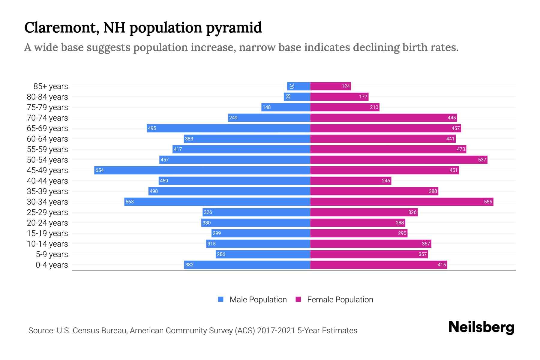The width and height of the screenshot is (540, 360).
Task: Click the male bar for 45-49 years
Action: [x=202, y=170]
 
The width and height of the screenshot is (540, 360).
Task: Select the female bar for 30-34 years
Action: [x=401, y=202]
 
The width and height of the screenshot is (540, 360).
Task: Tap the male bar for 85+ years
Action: [x=298, y=86]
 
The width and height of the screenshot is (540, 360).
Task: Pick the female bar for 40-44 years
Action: [x=350, y=181]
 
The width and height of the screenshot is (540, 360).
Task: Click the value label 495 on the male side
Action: [x=152, y=128]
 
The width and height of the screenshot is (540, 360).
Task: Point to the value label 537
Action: [x=482, y=160]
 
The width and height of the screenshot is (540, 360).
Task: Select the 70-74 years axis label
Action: [x=47, y=118]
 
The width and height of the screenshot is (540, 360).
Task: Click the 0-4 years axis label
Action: [x=52, y=265]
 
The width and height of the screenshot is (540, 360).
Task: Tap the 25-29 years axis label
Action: [x=47, y=212]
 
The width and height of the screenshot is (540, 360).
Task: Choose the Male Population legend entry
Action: [x=258, y=300]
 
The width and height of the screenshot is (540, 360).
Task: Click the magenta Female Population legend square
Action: [x=298, y=299]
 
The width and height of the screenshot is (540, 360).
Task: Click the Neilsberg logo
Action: [x=481, y=327]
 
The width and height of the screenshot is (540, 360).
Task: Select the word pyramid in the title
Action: [x=234, y=28]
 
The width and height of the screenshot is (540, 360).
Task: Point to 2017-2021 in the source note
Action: [x=276, y=331]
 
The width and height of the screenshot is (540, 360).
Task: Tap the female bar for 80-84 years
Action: [x=339, y=97]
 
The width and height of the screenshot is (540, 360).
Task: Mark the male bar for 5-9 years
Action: [x=263, y=254]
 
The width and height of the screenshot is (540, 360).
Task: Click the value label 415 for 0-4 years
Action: [x=442, y=265]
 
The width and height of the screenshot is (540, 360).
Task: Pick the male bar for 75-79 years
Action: [x=286, y=107]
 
